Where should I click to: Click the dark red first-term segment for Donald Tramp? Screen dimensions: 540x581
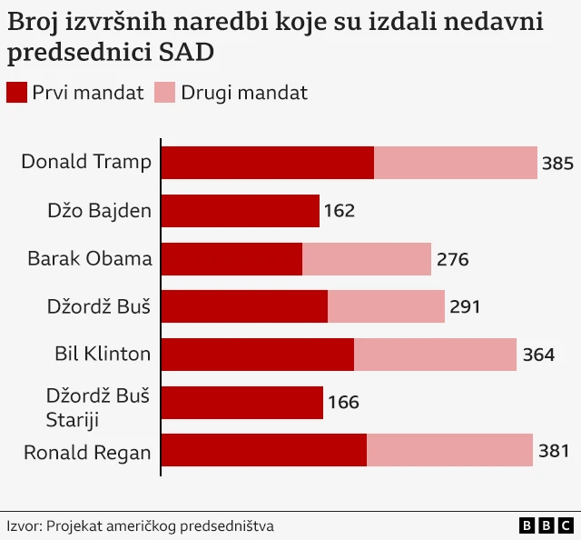[x=268, y=163]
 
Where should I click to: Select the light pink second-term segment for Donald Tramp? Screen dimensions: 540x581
[x=456, y=163]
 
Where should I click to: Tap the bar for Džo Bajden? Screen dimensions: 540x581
[x=241, y=211]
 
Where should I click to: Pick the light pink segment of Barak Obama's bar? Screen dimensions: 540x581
[x=367, y=259]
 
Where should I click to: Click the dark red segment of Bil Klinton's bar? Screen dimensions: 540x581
[x=258, y=355]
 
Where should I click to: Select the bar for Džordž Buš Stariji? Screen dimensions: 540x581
[x=242, y=402]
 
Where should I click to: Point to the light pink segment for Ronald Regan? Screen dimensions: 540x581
[x=449, y=450]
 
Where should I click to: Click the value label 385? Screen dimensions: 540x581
[x=557, y=164]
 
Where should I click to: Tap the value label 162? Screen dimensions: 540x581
[x=340, y=211]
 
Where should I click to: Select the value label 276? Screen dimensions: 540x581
[x=452, y=259]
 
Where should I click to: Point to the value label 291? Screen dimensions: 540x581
[x=465, y=306]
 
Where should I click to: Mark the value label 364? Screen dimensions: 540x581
[x=538, y=355]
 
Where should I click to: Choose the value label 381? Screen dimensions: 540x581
[x=553, y=450]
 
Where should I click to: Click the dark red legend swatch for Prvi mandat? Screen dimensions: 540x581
[x=16, y=93]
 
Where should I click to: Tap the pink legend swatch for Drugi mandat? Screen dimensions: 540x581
[x=164, y=93]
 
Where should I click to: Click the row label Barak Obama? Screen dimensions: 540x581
[x=90, y=258]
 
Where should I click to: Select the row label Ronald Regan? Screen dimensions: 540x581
[x=87, y=451]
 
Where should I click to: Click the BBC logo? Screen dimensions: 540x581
[x=547, y=525]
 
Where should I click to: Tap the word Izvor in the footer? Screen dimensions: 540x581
[x=23, y=525]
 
